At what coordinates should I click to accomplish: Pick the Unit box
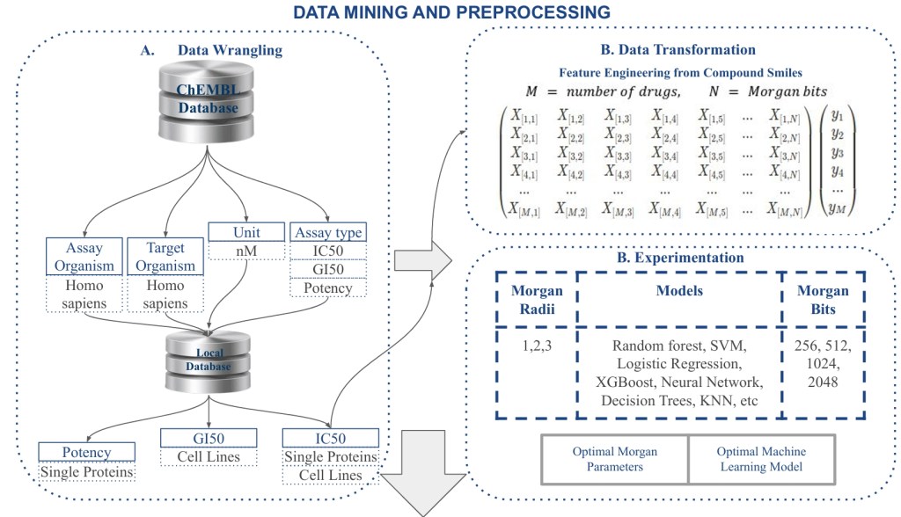(246, 233)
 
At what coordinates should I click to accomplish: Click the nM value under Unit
(246, 251)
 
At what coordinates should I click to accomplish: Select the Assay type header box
(328, 233)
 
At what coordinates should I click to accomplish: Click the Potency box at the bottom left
(87, 453)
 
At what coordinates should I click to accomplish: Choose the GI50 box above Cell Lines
(208, 438)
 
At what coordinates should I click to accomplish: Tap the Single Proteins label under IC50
(331, 457)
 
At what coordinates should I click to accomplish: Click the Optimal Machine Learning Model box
(761, 459)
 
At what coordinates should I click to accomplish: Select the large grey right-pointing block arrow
(421, 261)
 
